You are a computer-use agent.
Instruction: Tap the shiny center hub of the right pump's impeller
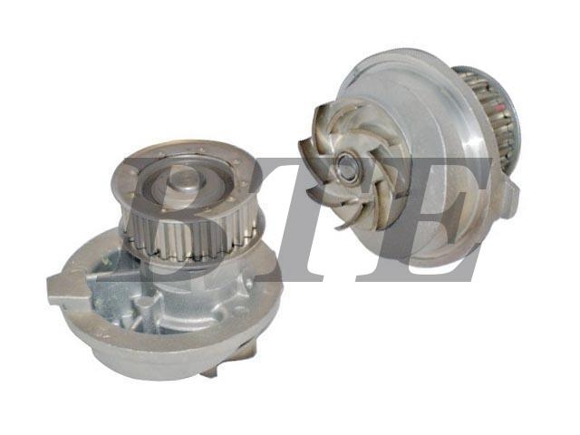pos(347,168)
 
